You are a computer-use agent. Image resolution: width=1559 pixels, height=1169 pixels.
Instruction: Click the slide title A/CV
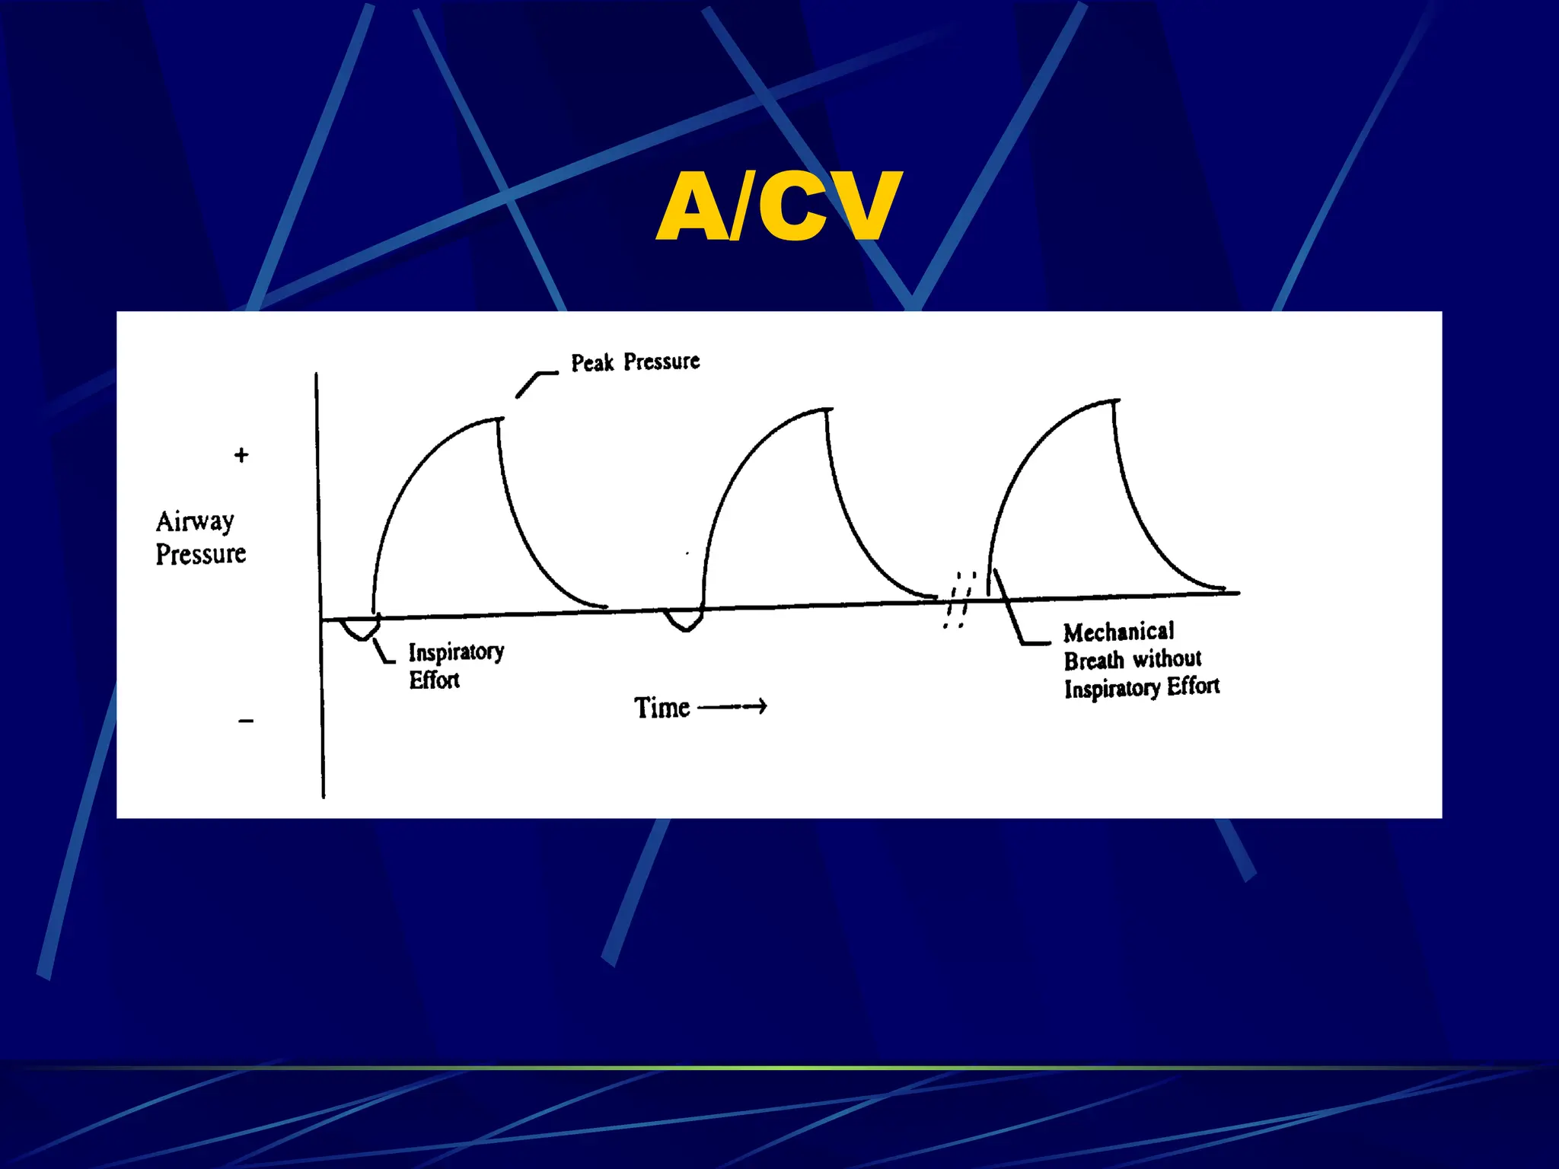click(779, 205)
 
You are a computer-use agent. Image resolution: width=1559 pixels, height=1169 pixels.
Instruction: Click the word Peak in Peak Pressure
click(592, 363)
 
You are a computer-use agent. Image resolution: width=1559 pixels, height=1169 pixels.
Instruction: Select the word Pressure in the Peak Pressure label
click(662, 362)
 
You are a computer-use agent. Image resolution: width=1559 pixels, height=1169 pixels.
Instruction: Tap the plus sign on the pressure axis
click(241, 455)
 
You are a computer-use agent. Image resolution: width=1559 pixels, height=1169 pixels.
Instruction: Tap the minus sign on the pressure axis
click(245, 721)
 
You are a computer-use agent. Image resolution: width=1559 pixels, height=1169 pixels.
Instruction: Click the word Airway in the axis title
click(195, 522)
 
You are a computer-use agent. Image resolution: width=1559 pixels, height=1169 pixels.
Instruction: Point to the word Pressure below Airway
click(201, 554)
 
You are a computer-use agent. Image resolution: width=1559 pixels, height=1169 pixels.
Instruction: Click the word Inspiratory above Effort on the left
click(456, 652)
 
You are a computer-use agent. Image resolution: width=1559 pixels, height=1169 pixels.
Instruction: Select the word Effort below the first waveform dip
click(434, 680)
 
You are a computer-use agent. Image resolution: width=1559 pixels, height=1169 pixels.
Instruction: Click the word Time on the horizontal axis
click(662, 708)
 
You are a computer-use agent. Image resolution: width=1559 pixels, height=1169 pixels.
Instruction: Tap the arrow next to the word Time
click(732, 707)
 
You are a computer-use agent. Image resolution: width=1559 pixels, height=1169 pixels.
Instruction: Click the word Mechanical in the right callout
click(1118, 632)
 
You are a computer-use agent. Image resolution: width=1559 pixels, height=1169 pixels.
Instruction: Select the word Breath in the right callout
click(1093, 660)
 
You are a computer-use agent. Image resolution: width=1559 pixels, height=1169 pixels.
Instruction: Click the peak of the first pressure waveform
click(499, 419)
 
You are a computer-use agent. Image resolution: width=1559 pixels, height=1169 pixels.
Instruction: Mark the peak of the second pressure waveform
click(827, 410)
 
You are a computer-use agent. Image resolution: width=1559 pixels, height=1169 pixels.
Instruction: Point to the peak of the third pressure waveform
click(1114, 400)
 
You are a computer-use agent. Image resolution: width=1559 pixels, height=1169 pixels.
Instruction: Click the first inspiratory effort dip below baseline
click(360, 632)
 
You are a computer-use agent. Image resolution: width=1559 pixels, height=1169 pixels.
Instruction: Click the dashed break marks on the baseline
click(959, 600)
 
